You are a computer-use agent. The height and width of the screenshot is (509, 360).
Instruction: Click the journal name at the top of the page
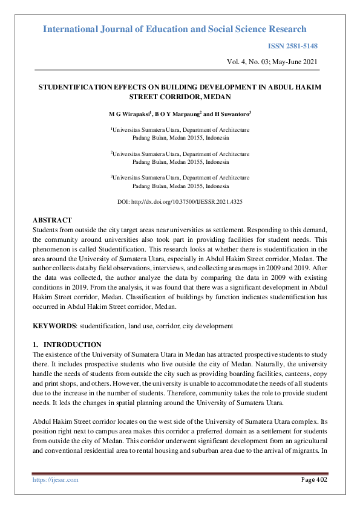[175, 29]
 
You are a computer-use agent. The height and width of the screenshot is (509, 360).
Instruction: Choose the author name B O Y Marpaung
[177, 114]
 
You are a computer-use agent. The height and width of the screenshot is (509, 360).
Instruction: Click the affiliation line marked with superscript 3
[180, 178]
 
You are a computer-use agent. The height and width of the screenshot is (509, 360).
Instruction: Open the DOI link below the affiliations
[180, 201]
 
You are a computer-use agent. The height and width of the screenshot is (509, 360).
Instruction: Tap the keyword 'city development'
[208, 326]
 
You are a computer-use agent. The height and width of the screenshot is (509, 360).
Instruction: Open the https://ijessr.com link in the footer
[55, 480]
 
